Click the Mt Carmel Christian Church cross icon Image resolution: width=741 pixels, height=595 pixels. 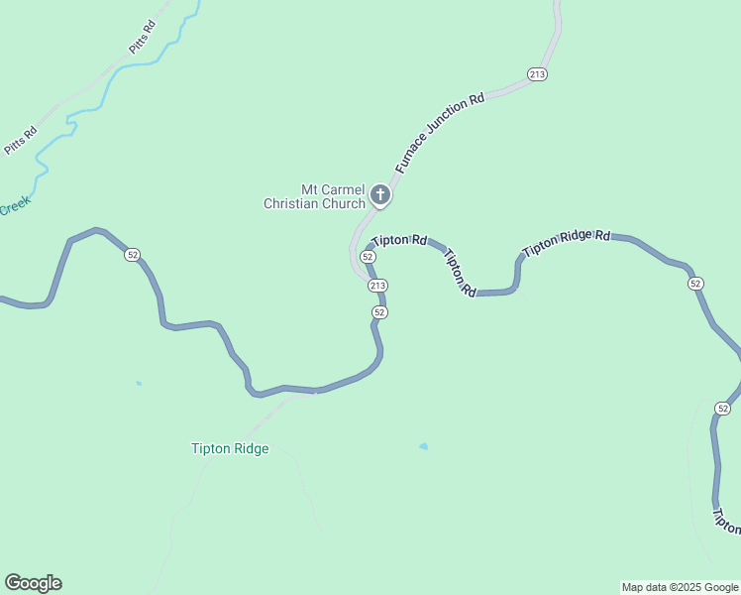point(380,196)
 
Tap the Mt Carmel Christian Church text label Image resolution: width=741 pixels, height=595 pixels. point(315,196)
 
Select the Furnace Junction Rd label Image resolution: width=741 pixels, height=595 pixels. point(439,134)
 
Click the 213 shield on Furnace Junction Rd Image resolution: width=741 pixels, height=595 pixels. point(537,75)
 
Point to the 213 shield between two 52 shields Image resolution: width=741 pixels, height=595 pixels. point(376,286)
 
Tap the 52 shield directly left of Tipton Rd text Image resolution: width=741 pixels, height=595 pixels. point(368,256)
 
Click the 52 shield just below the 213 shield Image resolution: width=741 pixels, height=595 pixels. point(379,312)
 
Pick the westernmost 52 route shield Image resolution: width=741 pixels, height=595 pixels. point(133,255)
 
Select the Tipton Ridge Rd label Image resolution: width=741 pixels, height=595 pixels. point(567,242)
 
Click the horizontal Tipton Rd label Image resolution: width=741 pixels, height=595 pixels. point(399,240)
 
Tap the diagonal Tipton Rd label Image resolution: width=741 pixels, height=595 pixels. point(461,273)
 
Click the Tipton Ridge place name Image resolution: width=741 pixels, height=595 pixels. point(230,448)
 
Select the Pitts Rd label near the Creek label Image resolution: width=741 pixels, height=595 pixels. point(20,140)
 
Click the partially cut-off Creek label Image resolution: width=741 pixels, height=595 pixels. point(14,207)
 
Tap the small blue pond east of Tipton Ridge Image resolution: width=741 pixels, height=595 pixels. point(424,446)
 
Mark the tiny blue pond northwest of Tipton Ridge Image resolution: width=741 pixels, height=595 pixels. point(139,383)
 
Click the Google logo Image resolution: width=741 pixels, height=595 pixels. point(33,583)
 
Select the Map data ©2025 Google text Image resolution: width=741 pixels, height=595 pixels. point(680,587)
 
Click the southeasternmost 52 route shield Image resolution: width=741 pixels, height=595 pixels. point(722,409)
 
